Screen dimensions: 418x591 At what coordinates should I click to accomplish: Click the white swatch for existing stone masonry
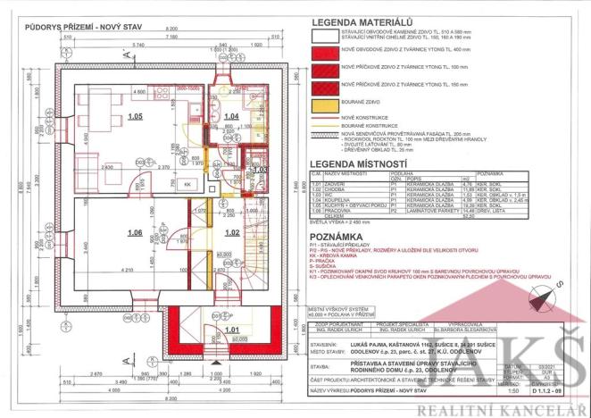pyautogui.click(x=331, y=35)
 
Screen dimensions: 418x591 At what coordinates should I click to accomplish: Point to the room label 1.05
pyautogui.click(x=135, y=116)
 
